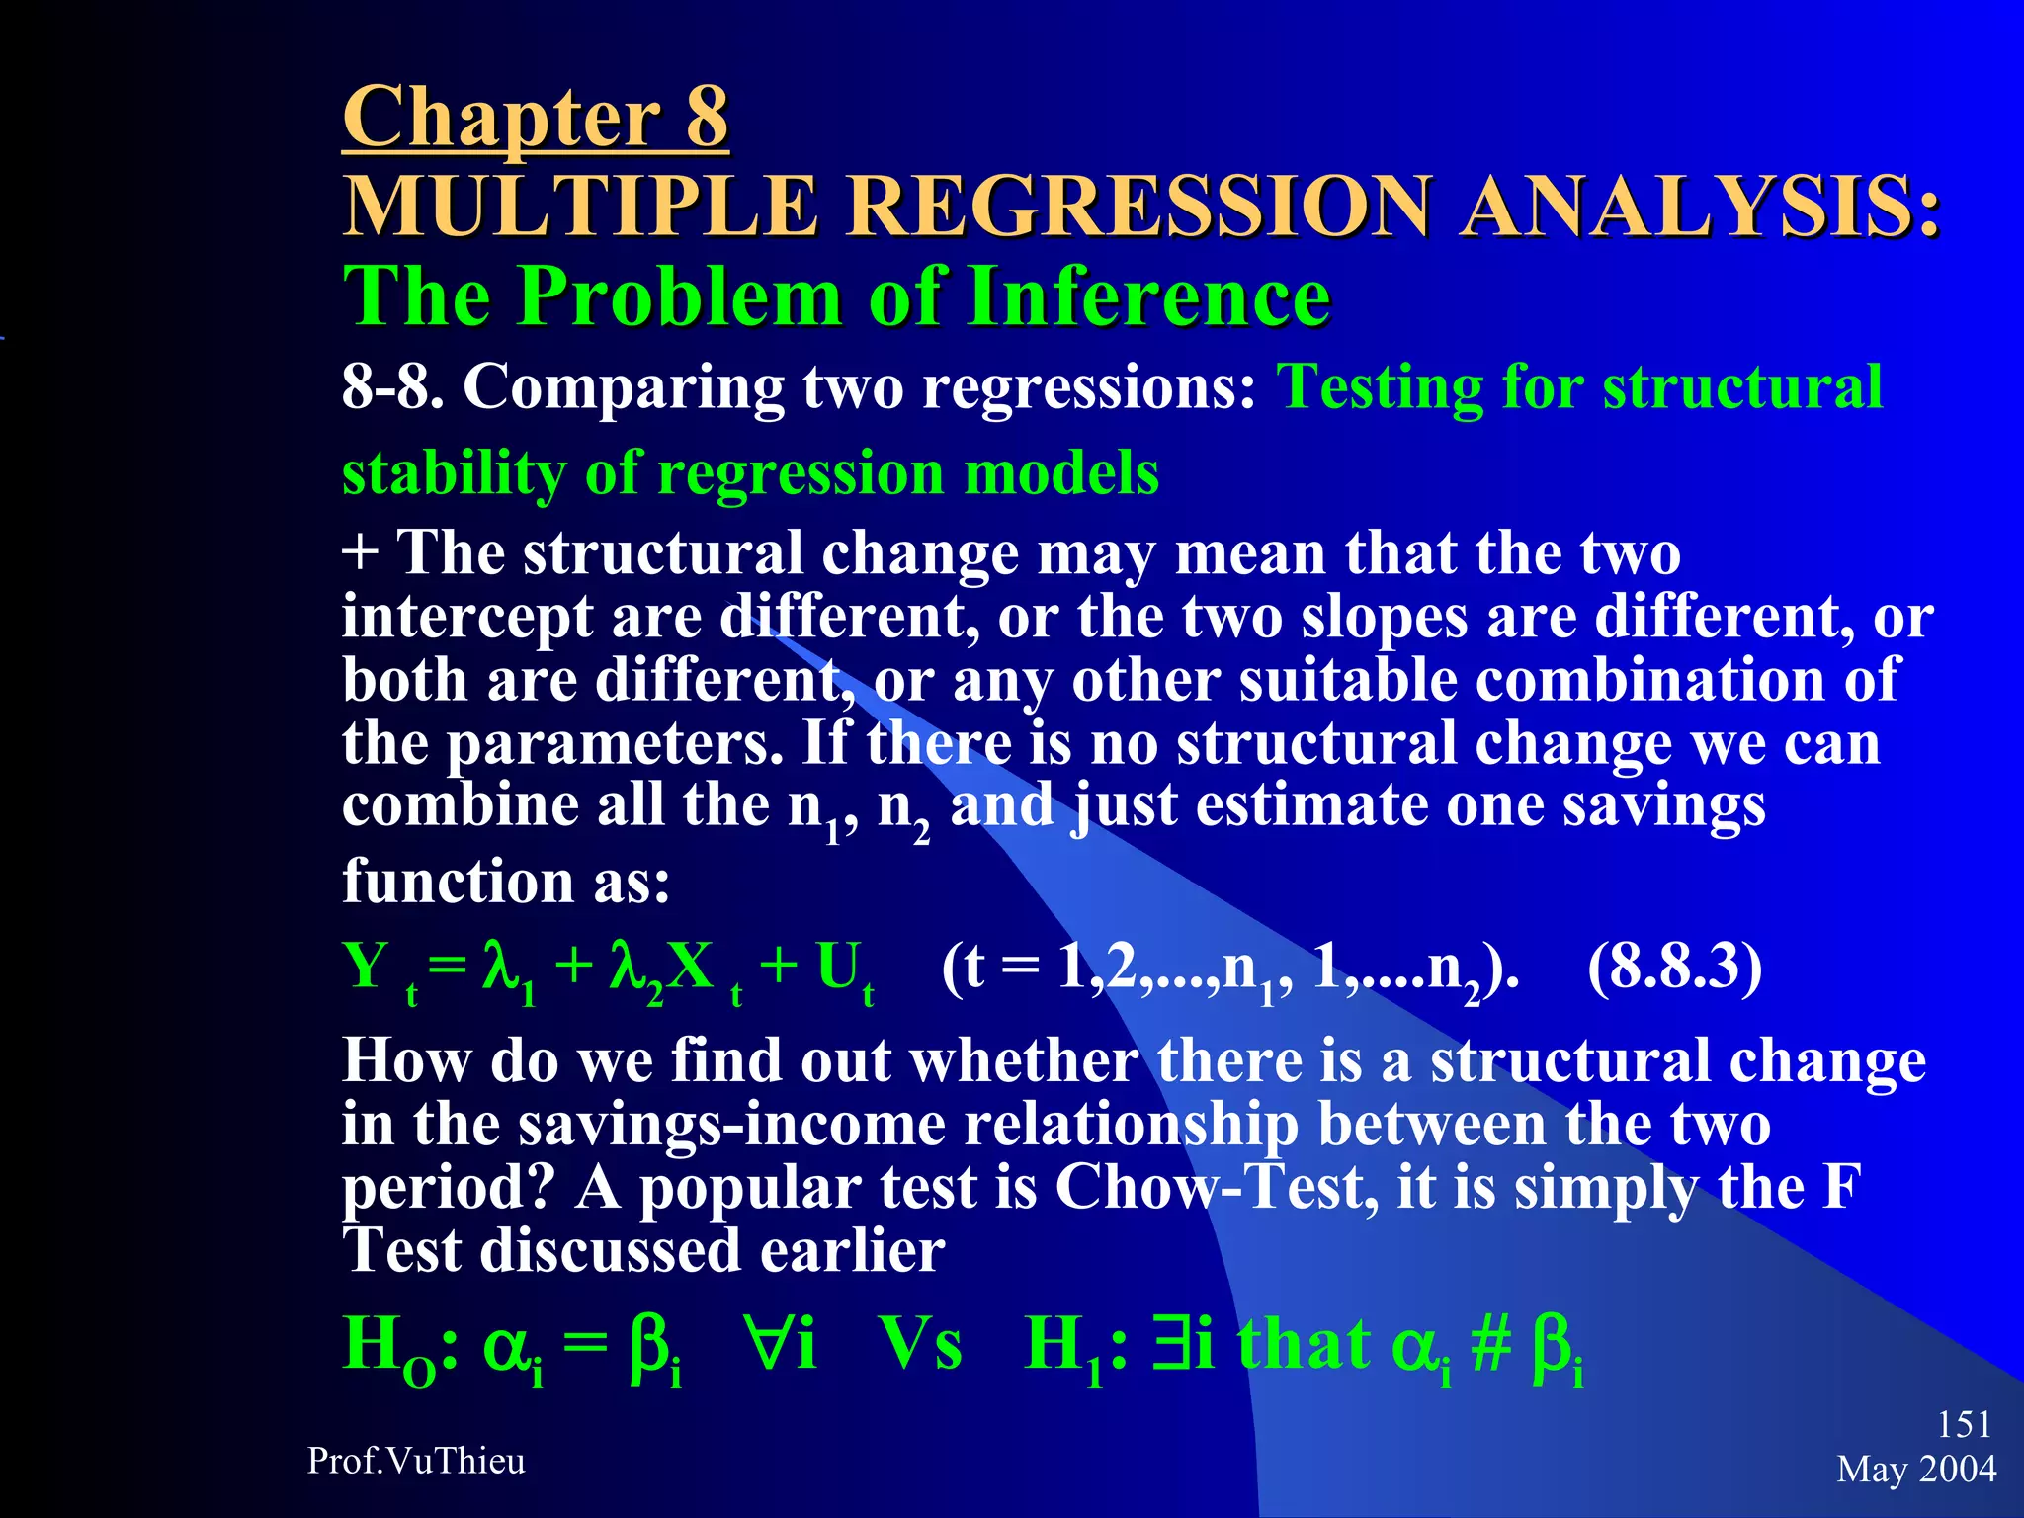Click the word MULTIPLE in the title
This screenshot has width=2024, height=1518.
click(x=580, y=207)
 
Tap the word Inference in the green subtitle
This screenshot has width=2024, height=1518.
click(x=1149, y=295)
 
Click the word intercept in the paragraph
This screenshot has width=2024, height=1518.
click(x=466, y=619)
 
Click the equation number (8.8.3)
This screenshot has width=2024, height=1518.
click(x=1674, y=967)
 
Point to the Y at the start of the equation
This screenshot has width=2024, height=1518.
click(x=366, y=967)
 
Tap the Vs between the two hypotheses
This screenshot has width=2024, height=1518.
click(x=920, y=1346)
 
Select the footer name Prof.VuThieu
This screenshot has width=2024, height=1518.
click(x=416, y=1461)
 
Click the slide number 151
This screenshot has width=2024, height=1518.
click(x=1963, y=1424)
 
